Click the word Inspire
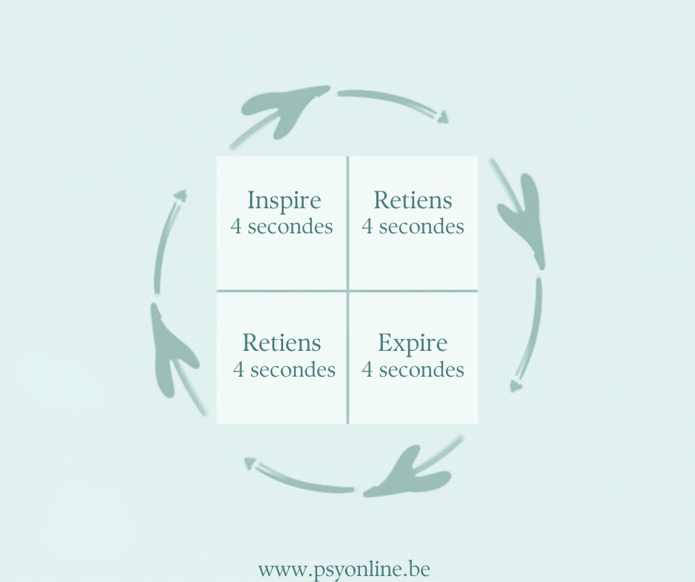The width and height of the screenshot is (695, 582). pyautogui.click(x=284, y=201)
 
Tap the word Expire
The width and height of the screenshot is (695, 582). pyautogui.click(x=413, y=343)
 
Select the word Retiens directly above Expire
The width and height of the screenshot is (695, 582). pyautogui.click(x=413, y=200)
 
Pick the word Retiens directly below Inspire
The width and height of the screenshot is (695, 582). pyautogui.click(x=282, y=343)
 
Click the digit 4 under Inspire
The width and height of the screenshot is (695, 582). pyautogui.click(x=236, y=226)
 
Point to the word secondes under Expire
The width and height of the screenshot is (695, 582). pyautogui.click(x=422, y=369)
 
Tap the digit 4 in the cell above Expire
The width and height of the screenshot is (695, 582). pyautogui.click(x=367, y=226)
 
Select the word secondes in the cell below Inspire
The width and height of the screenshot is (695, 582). pyautogui.click(x=293, y=369)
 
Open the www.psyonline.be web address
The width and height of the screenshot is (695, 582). pyautogui.click(x=344, y=569)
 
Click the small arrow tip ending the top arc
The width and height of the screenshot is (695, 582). pyautogui.click(x=442, y=117)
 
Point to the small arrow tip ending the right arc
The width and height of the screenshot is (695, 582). pyautogui.click(x=516, y=386)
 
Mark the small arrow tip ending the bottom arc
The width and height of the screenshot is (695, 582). pyautogui.click(x=250, y=463)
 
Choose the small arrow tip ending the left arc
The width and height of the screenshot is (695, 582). pyautogui.click(x=180, y=196)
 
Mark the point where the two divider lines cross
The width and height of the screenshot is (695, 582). pyautogui.click(x=347, y=290)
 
